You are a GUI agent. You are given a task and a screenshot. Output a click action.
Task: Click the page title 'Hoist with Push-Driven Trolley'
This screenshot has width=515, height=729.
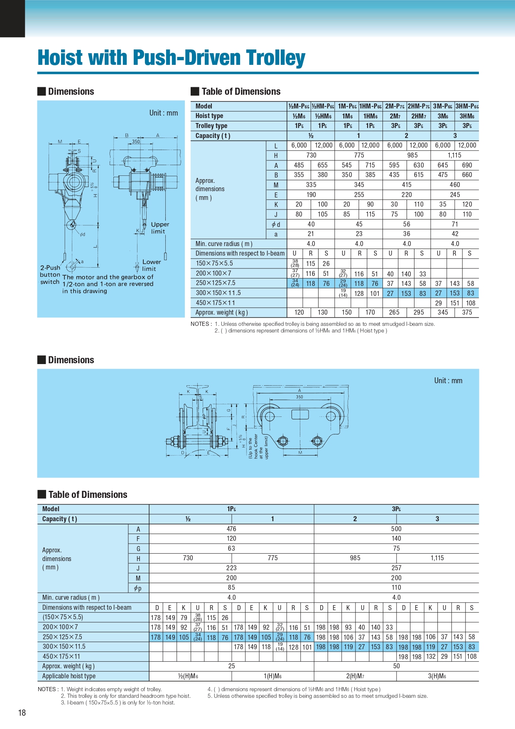[171, 57]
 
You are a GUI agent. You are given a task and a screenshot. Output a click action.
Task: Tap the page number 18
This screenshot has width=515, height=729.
[22, 713]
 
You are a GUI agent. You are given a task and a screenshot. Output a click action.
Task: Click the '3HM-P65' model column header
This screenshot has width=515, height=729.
[467, 106]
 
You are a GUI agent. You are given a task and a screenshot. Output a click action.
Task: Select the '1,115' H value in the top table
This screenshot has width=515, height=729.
[454, 155]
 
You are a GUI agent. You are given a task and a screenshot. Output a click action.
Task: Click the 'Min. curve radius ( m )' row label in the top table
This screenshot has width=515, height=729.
[224, 244]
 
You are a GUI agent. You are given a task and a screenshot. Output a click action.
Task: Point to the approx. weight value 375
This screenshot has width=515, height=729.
[467, 313]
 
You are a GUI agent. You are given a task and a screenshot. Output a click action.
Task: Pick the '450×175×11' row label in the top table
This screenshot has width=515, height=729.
[215, 303]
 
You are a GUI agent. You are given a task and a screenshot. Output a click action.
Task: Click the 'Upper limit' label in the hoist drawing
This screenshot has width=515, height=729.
[159, 228]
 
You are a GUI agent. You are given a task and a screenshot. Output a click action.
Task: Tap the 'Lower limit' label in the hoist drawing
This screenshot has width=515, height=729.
[151, 265]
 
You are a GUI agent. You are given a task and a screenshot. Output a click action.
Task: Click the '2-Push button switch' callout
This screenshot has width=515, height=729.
[50, 275]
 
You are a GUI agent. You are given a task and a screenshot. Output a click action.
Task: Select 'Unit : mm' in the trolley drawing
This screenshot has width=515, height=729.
[448, 381]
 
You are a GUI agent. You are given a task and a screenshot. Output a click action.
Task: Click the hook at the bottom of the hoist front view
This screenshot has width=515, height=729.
[71, 225]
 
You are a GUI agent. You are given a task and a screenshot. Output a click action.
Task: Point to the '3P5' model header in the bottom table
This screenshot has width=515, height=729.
[396, 509]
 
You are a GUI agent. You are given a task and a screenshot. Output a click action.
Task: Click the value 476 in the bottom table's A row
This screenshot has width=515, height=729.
[231, 529]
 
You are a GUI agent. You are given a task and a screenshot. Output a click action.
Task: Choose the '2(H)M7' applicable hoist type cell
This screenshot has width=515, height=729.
[355, 676]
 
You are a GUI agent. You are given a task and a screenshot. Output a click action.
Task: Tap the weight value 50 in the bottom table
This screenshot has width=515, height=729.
[396, 666]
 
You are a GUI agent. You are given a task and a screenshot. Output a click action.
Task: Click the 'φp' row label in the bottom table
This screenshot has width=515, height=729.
[138, 588]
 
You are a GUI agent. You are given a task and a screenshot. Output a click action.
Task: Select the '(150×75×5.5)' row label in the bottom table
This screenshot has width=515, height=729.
[63, 618]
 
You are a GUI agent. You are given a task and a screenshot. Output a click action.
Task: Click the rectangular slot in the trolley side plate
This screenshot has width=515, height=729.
[300, 414]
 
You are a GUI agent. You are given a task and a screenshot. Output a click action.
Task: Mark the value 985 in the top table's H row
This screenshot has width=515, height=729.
[412, 155]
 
